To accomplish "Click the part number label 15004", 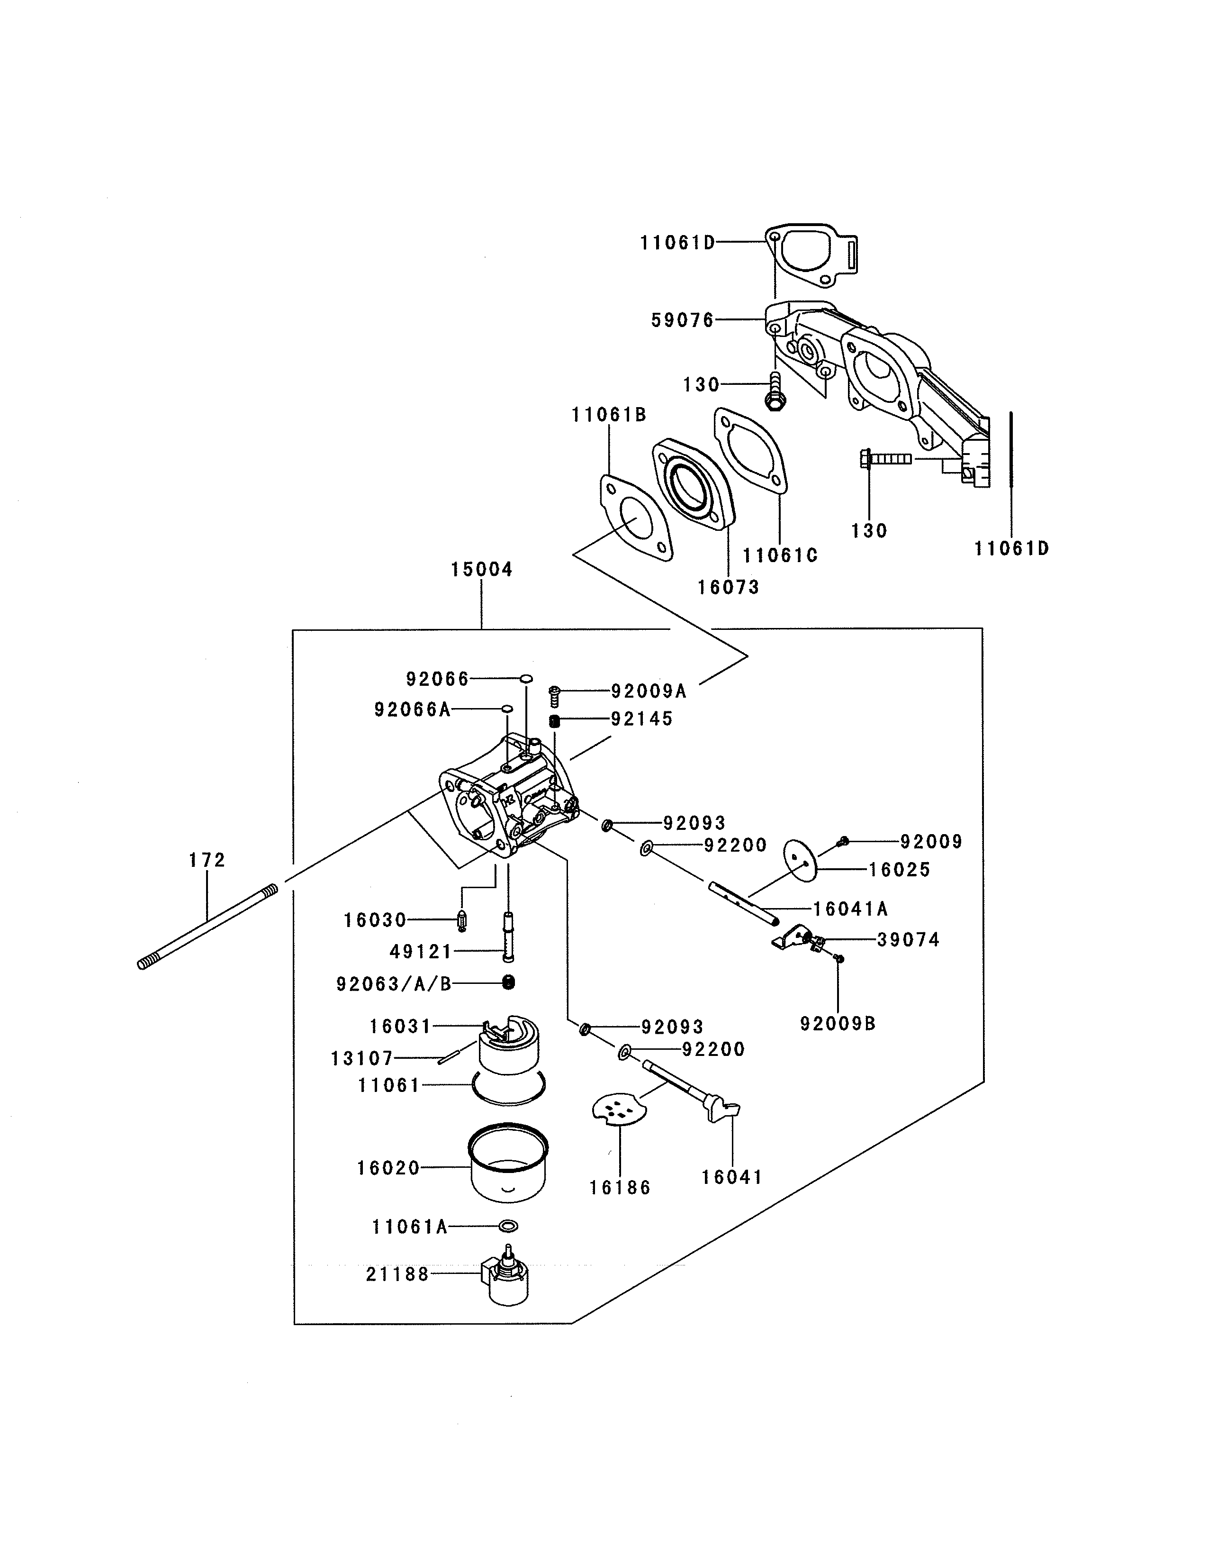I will (482, 570).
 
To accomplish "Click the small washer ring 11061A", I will (507, 1227).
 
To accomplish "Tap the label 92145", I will (642, 719).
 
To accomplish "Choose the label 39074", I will (908, 939).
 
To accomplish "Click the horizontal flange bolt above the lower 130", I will (886, 458).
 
